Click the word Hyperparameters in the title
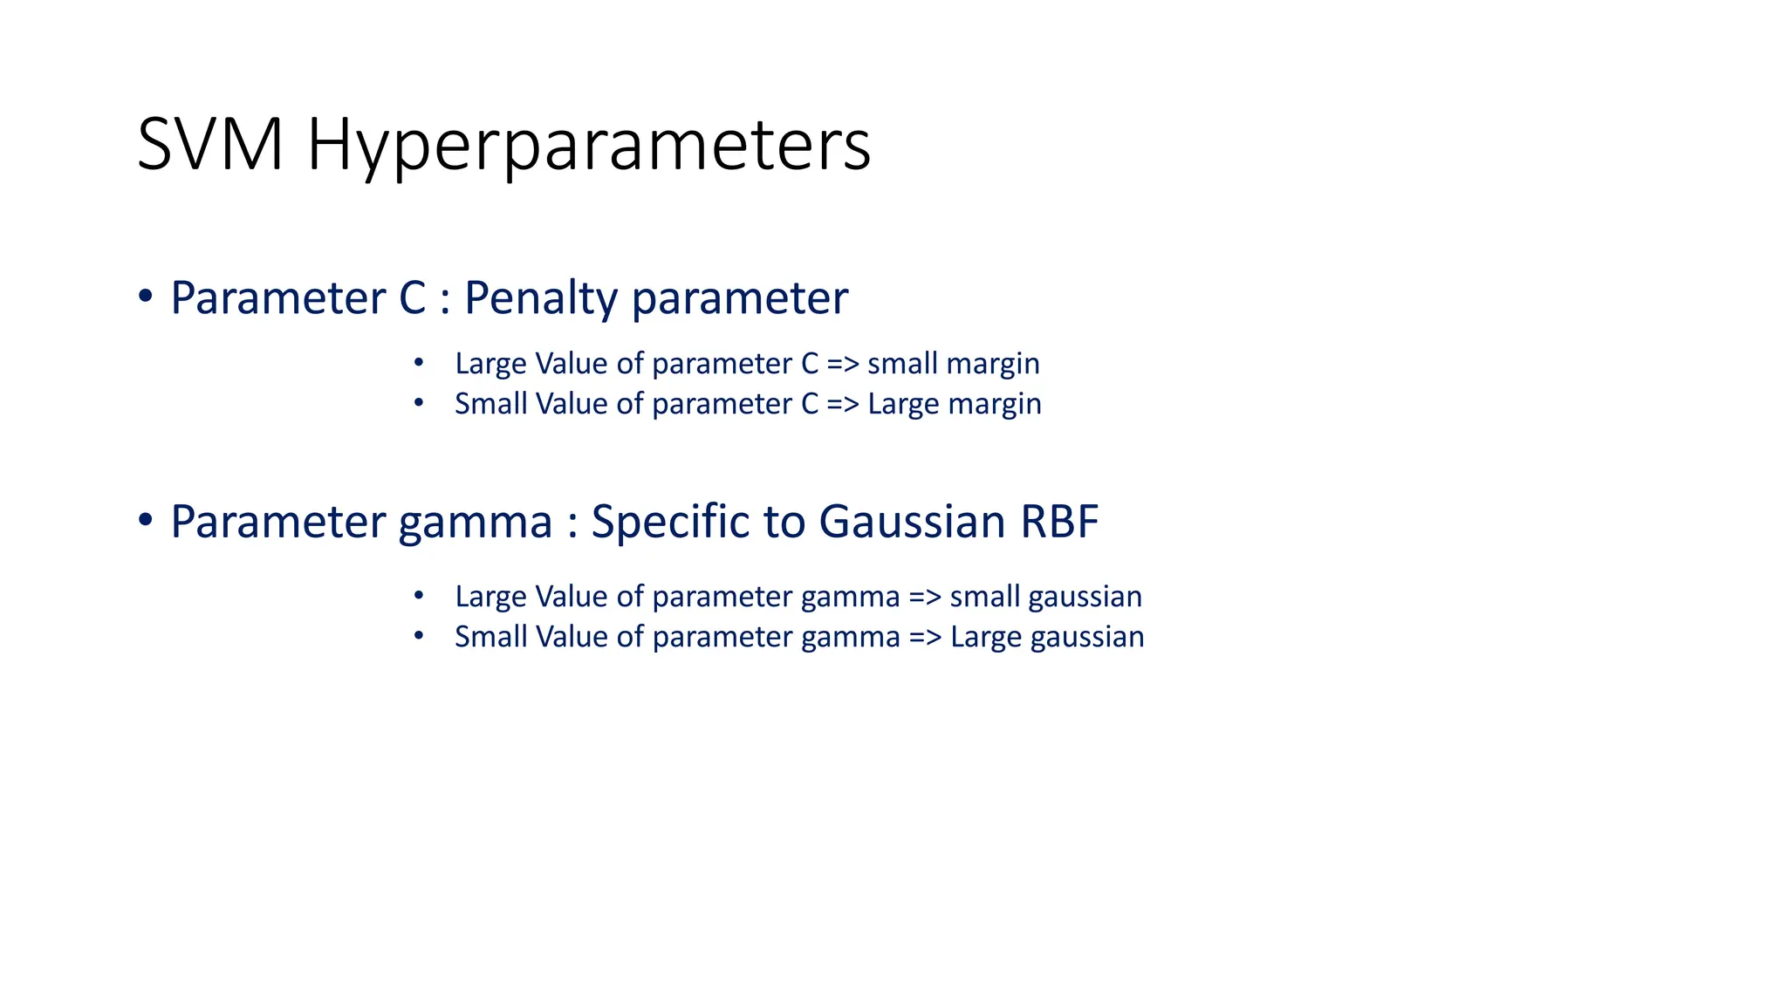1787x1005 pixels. pos(589,145)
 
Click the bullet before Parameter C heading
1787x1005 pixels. pos(146,296)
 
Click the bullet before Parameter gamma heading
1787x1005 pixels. pos(146,520)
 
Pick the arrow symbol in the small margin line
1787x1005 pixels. pos(843,363)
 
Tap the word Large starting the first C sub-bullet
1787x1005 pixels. pos(490,363)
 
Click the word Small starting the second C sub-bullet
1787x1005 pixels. pos(490,403)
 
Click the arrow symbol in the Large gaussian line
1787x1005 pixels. pos(925,637)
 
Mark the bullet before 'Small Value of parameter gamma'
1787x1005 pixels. pos(419,636)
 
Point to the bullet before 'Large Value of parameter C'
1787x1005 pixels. pos(419,361)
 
